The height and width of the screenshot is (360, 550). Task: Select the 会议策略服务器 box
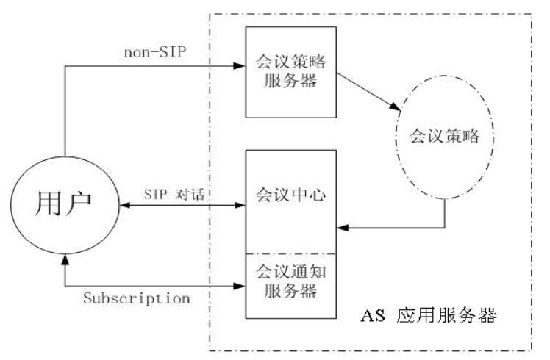pyautogui.click(x=291, y=72)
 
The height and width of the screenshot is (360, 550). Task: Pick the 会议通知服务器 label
pyautogui.click(x=291, y=281)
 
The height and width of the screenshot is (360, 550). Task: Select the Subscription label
pyautogui.click(x=137, y=298)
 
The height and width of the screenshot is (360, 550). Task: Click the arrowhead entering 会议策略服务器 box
pyautogui.click(x=240, y=66)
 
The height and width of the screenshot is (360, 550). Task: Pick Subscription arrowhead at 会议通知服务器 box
pyautogui.click(x=240, y=284)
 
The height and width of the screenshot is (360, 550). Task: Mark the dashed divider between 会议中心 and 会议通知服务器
pyautogui.click(x=291, y=252)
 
